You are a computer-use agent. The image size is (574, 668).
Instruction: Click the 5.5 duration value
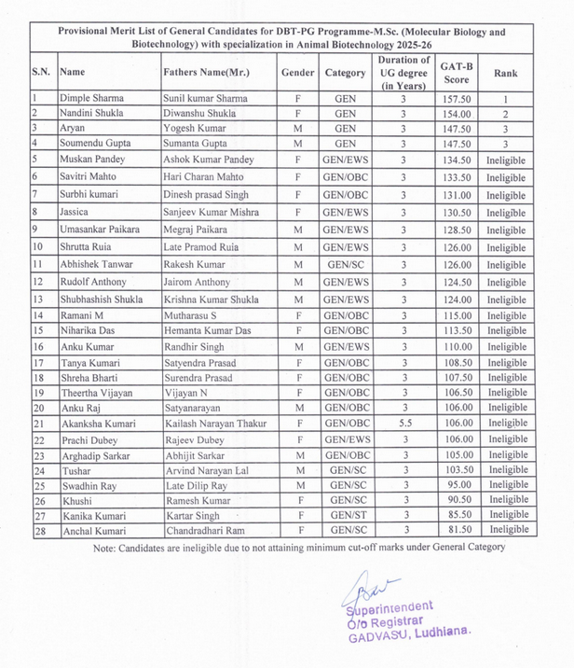403,424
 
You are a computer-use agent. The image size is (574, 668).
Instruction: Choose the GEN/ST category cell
345,515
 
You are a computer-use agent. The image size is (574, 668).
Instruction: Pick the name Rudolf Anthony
96,282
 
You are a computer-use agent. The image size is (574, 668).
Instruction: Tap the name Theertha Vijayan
99,393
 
